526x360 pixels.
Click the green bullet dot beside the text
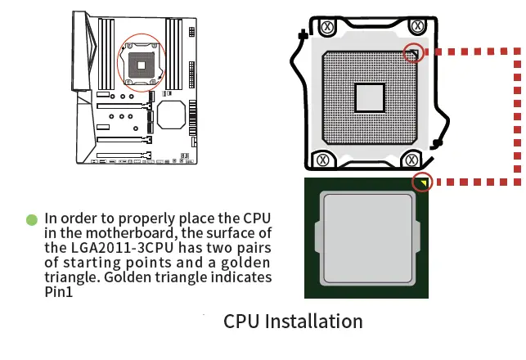pyautogui.click(x=32, y=219)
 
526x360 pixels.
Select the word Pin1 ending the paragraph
pyautogui.click(x=59, y=291)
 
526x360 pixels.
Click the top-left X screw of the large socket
pyautogui.click(x=326, y=26)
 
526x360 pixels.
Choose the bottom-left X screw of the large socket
pyautogui.click(x=325, y=160)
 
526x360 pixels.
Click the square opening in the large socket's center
pyautogui.click(x=370, y=97)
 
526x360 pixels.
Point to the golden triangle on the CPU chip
pyautogui.click(x=423, y=182)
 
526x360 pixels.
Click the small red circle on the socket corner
pyautogui.click(x=415, y=54)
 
